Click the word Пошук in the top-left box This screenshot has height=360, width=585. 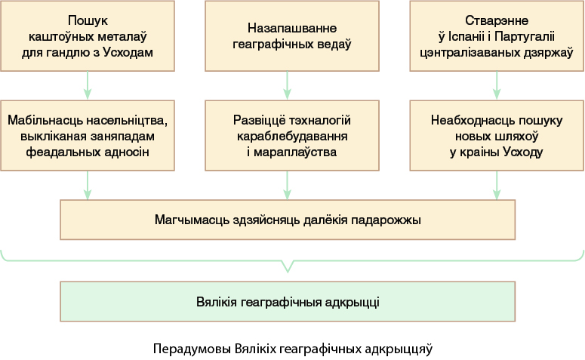coord(88,20)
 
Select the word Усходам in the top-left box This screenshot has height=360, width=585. coord(128,52)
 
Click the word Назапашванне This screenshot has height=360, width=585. coord(292,28)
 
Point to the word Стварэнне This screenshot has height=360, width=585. coord(497,20)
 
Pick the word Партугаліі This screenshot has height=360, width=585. coord(524,36)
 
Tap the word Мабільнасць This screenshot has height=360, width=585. coord(45,120)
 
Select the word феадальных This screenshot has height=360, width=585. coord(58,152)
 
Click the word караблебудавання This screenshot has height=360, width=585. coord(292,136)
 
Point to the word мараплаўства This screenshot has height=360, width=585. coord(295,152)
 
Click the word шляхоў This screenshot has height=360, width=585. coord(517,136)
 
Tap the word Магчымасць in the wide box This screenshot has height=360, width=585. coord(192,220)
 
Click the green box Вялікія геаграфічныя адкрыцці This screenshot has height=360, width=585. coord(288,301)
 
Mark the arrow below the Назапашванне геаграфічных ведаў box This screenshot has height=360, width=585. coord(287,85)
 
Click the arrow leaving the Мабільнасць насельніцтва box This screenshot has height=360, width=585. coord(88,186)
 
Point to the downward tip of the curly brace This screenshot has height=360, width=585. coord(288,272)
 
